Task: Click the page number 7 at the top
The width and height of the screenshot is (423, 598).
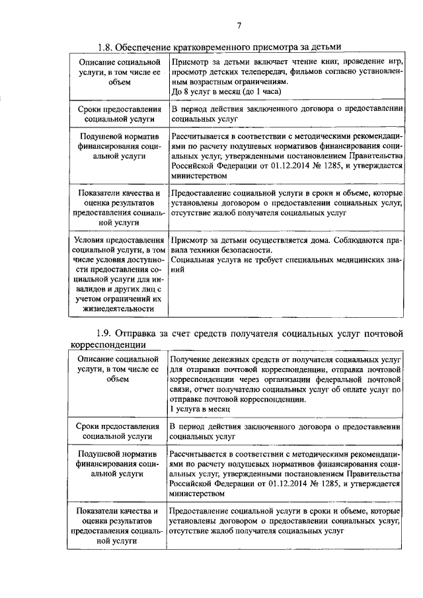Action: pos(239,25)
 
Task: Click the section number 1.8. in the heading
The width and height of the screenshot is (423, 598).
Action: pos(108,47)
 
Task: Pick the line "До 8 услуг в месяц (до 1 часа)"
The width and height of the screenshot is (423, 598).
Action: pos(227,91)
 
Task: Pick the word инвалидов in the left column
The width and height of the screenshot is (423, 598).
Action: pos(110,288)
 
